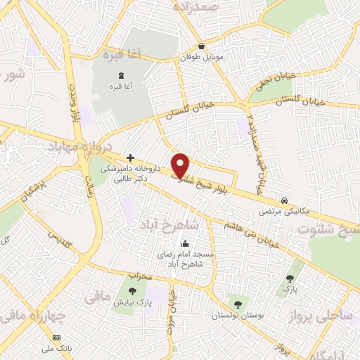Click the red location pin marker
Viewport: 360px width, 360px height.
click(181, 164)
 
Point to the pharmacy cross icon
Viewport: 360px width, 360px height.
click(129, 158)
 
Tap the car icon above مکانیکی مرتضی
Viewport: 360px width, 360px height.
click(283, 199)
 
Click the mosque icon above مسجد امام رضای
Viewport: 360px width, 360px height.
click(185, 244)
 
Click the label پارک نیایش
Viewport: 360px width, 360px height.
click(130, 302)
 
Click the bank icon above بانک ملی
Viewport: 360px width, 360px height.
click(57, 337)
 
